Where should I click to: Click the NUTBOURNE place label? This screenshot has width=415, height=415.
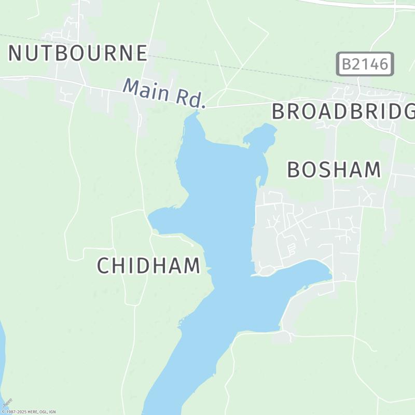pyautogui.click(x=78, y=53)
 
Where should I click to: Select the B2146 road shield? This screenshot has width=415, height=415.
pyautogui.click(x=365, y=64)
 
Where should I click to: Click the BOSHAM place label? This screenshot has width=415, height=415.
pyautogui.click(x=334, y=170)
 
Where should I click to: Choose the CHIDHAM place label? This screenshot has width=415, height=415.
pyautogui.click(x=148, y=266)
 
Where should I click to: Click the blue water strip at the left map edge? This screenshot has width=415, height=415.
pyautogui.click(x=2, y=353)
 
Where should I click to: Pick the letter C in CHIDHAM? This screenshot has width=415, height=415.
pyautogui.click(x=104, y=266)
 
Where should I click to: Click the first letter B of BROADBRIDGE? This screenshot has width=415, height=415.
pyautogui.click(x=279, y=112)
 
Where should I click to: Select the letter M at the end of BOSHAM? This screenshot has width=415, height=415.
pyautogui.click(x=371, y=170)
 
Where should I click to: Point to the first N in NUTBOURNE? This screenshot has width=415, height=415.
pyautogui.click(x=16, y=53)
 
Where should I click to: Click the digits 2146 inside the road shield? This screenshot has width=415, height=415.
pyautogui.click(x=371, y=64)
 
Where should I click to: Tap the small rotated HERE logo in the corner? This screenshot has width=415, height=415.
pyautogui.click(x=7, y=403)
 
